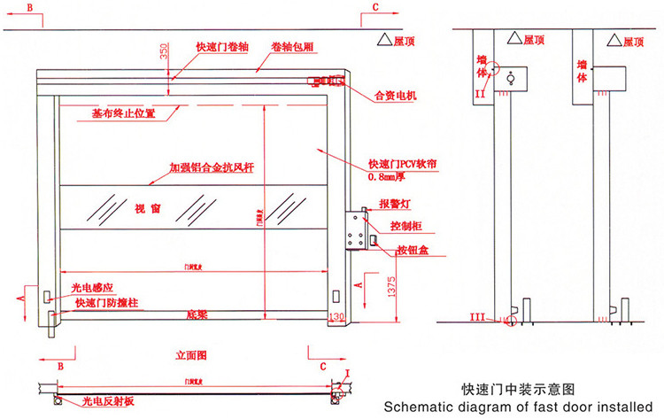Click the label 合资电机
[395, 95]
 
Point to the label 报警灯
[393, 203]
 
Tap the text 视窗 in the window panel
[147, 210]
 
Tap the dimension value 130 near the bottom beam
[336, 316]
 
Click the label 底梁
[197, 314]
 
